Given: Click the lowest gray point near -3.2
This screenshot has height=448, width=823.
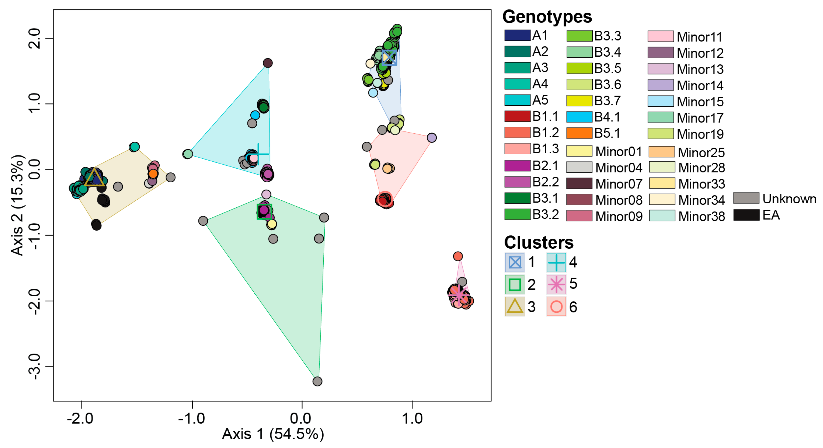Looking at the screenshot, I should pos(317,381).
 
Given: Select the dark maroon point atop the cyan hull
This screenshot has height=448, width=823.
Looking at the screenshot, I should pos(268,63).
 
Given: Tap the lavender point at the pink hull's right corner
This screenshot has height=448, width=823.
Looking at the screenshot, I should pos(432,138).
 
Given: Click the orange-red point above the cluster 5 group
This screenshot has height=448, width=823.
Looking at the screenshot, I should pos(458,256).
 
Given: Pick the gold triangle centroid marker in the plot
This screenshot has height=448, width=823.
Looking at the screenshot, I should pos(94,178).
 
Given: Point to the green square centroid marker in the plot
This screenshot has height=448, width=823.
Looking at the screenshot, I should pos(264,212).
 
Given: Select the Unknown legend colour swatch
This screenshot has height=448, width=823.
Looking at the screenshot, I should pos(746,198).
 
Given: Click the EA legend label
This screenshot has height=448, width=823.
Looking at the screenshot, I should pos(771,215).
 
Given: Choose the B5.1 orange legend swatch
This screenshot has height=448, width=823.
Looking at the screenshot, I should pos(579,133).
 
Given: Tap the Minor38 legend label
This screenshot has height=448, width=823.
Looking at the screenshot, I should pos(701,216).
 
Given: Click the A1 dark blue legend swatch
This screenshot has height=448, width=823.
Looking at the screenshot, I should pos(517,35).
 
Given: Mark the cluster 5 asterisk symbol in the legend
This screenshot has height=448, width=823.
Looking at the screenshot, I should pos(556,284).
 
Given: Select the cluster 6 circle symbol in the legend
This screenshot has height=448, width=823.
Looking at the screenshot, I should pos(556,307).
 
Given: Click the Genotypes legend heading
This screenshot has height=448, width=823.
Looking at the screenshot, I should pos(547,17).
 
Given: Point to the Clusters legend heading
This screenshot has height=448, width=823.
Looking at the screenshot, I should pos(539,242).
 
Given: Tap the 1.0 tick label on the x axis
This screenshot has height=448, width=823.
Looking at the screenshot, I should pos(412,418).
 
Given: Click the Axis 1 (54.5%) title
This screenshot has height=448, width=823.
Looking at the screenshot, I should pos(273,434).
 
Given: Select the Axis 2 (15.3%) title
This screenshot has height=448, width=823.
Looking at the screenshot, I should pos(17,205).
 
